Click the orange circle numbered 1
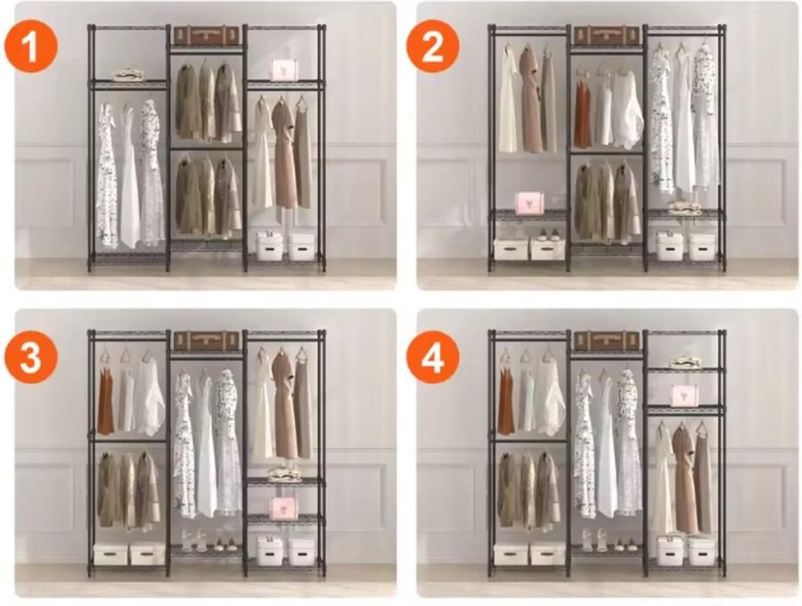click(31, 46)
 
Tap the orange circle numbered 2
click(433, 46)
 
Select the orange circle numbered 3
click(31, 356)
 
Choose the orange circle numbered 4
click(433, 356)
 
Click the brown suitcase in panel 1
click(207, 36)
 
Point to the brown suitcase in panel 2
click(607, 36)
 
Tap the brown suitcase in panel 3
click(207, 340)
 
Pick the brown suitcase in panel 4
click(607, 340)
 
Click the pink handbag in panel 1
click(282, 70)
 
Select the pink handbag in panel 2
click(528, 202)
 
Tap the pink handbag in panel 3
click(282, 507)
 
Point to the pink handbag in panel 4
click(683, 396)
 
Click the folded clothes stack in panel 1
click(127, 75)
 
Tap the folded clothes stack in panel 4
click(683, 362)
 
